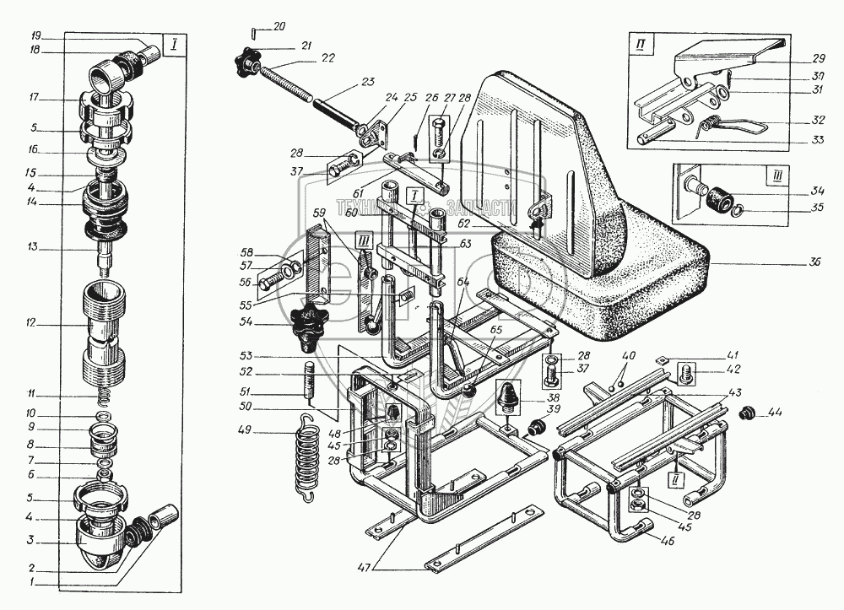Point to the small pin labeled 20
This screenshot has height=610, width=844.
click(254, 33)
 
